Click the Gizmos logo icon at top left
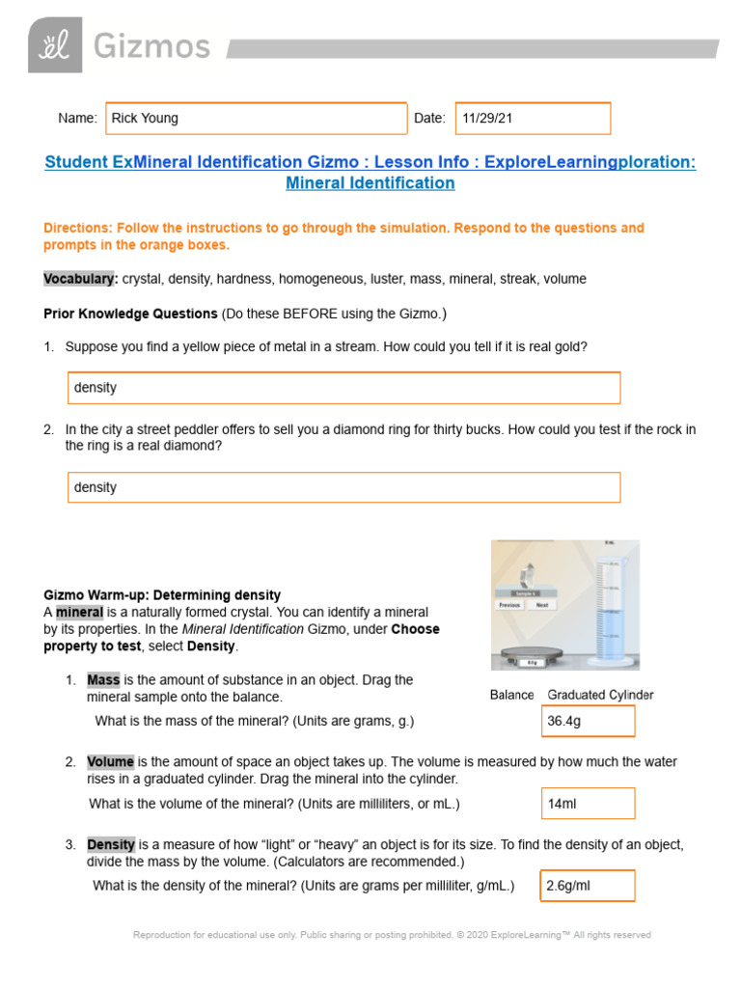pos(54,45)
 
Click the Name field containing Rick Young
pos(256,119)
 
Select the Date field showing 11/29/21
pos(533,119)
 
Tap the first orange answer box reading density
pos(343,388)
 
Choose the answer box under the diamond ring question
pos(343,487)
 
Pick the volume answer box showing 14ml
pos(588,804)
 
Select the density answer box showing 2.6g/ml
pos(588,886)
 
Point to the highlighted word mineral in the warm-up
pos(79,613)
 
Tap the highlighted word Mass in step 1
pos(102,680)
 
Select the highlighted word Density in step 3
pos(111,844)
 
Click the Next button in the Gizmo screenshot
pos(541,605)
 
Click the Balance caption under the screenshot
pos(511,695)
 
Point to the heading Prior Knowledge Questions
pos(130,314)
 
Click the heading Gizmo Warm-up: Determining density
pos(162,595)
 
